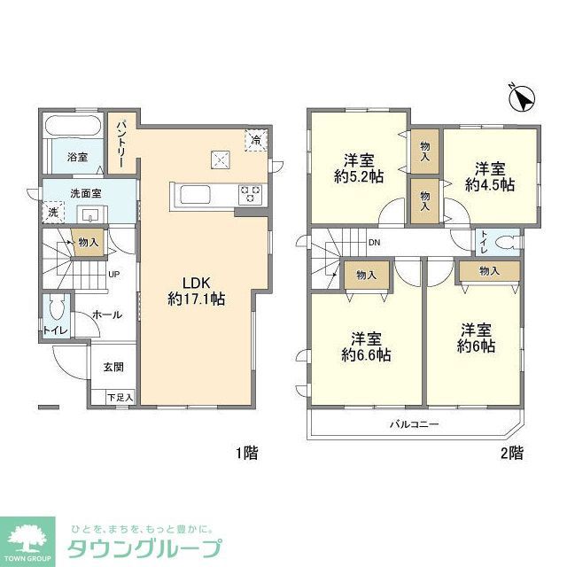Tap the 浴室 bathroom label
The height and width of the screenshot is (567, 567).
78,158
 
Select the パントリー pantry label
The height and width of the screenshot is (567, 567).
120,139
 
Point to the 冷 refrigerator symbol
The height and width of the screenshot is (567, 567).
256,140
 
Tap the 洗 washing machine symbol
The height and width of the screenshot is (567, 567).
52,213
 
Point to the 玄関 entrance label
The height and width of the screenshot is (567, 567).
113,367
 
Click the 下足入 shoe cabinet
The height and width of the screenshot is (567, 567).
120,398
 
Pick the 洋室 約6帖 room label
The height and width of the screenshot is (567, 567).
477,338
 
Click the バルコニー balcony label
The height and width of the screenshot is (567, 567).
414,424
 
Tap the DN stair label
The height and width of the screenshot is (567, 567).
374,242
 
